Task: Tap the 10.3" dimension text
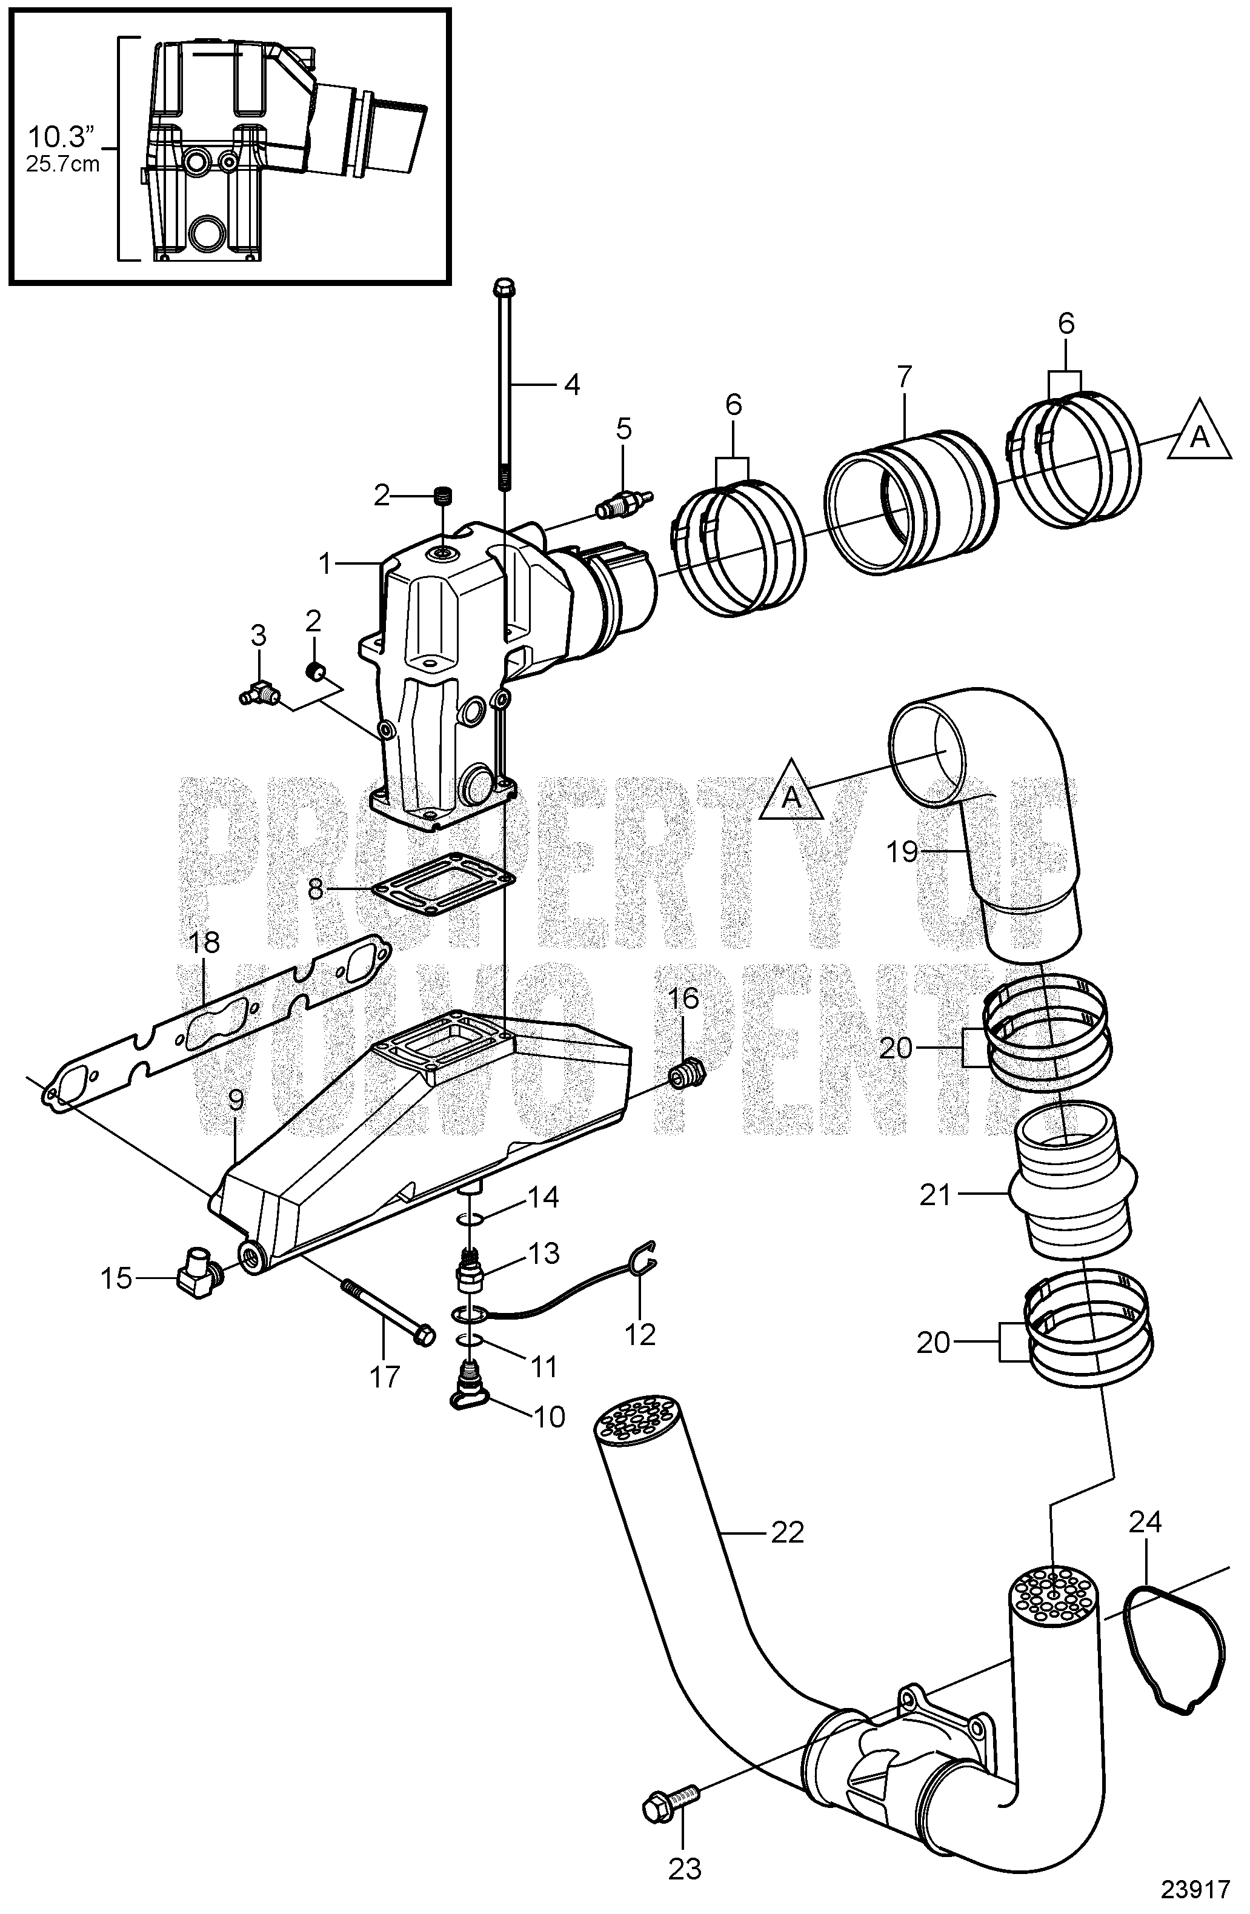(62, 138)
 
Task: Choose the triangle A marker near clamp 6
(1199, 437)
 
